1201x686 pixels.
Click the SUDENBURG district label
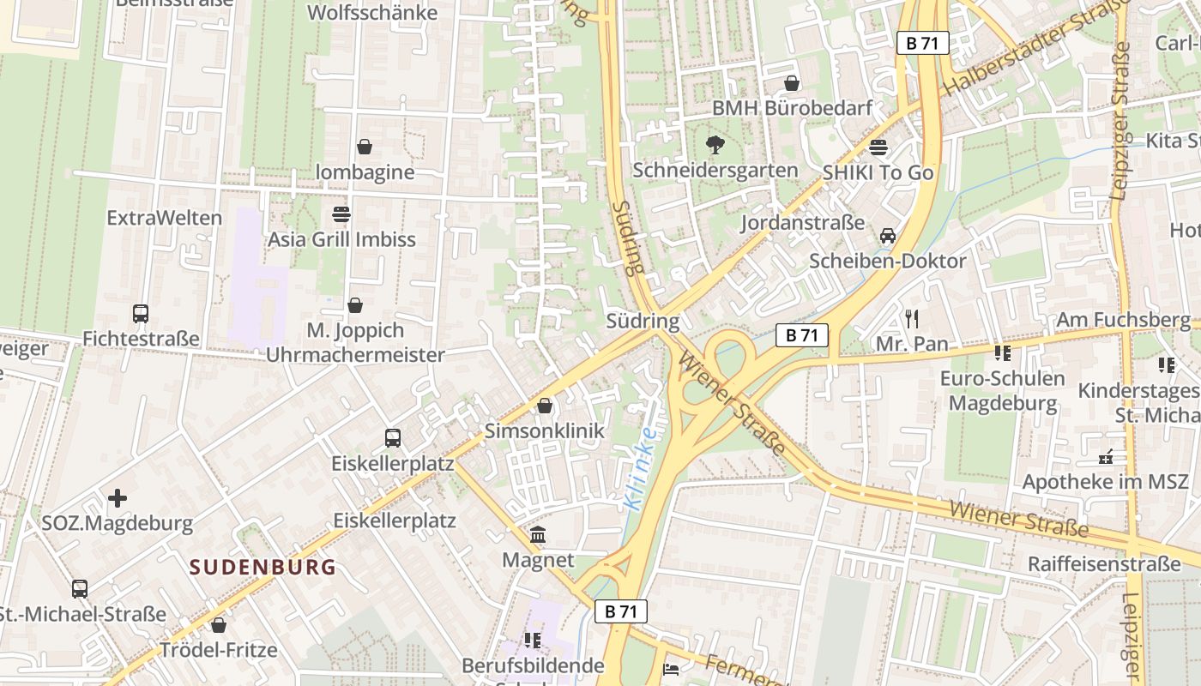263,567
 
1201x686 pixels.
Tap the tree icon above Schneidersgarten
715,145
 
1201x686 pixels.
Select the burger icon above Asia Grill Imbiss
341,214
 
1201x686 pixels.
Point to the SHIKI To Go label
878,172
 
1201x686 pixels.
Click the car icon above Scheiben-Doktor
888,236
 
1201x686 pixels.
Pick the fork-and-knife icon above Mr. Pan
911,319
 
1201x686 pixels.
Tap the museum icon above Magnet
538,535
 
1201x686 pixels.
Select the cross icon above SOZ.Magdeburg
118,498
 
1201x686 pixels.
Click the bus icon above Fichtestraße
141,314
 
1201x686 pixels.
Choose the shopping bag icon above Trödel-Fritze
219,625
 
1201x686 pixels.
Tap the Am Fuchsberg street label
1123,320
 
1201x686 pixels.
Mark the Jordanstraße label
802,223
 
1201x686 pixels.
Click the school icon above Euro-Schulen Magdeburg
1002,352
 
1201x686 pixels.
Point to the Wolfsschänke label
372,13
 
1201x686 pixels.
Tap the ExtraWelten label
164,218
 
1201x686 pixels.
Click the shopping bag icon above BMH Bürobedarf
792,83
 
